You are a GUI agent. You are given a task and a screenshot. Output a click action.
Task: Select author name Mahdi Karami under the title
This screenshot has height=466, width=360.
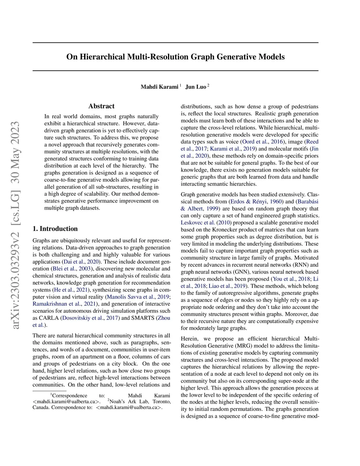point(159,87)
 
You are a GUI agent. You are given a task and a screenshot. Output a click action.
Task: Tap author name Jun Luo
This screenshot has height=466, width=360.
point(195,87)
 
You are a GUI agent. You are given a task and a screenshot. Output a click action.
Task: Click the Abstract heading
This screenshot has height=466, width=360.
point(101,106)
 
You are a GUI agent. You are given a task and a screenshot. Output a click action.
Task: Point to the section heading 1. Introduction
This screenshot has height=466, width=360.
point(55,229)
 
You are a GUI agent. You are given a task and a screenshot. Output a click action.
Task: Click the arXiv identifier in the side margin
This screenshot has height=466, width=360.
point(16,225)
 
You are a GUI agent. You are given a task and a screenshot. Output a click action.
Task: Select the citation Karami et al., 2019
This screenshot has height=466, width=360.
point(233,149)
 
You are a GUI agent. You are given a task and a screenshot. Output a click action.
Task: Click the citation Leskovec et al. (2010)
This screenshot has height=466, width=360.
point(206,223)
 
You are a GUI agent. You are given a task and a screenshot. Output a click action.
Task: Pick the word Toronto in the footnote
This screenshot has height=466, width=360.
point(161,401)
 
